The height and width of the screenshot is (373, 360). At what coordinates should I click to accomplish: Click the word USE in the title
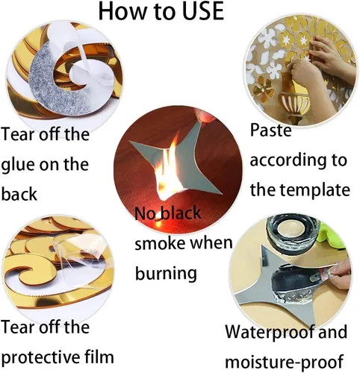(x=203, y=11)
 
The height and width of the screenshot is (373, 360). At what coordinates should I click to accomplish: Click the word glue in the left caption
(x=18, y=166)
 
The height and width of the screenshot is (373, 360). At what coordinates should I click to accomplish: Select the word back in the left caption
(x=19, y=194)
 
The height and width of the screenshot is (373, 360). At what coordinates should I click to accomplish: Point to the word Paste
(x=270, y=130)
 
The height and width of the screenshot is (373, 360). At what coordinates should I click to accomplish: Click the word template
(x=315, y=190)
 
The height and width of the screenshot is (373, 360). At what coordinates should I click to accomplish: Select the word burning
(x=166, y=274)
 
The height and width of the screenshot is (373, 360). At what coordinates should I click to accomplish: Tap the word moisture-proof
(x=285, y=362)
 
